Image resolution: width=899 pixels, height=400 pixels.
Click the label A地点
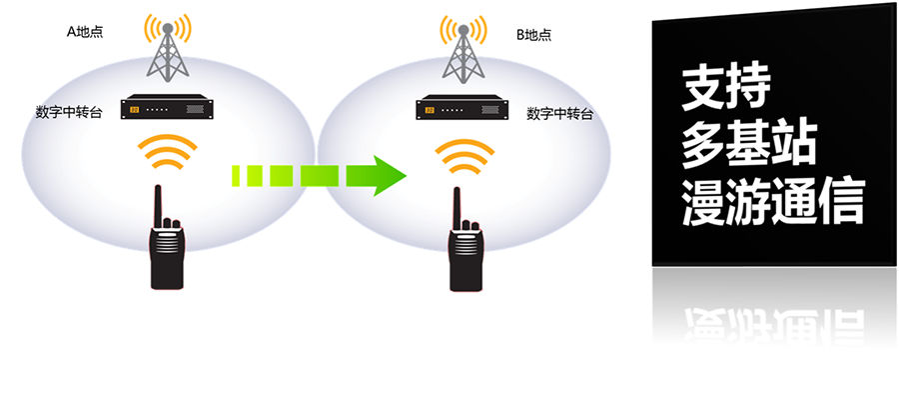tap(85, 32)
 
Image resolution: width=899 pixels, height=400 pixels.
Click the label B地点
tap(533, 35)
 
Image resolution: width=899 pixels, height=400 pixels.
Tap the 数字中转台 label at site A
tap(67, 111)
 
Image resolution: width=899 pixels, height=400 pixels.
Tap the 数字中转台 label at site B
tap(559, 113)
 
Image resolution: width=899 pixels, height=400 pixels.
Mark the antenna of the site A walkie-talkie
tap(158, 205)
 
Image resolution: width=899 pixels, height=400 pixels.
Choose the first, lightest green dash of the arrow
tap(238, 176)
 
